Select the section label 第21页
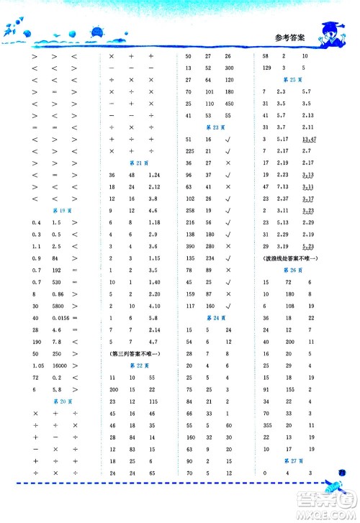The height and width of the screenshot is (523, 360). (132, 162)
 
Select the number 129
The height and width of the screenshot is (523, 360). (266, 68)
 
